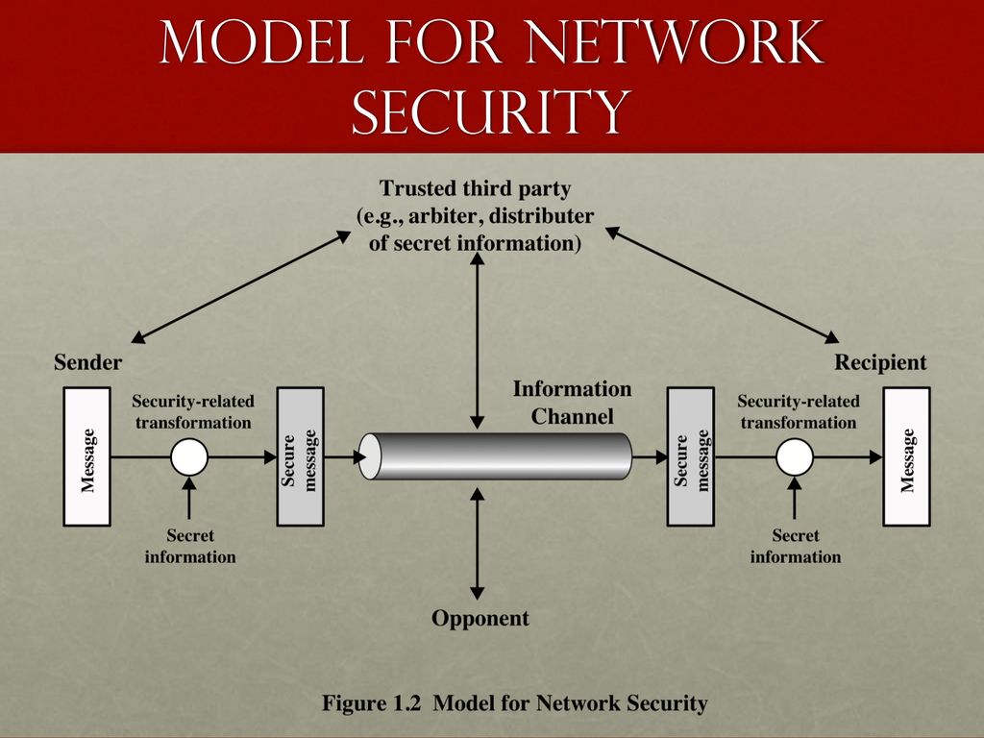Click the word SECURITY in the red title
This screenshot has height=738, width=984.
[x=491, y=111]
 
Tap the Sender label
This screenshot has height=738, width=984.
[x=87, y=362]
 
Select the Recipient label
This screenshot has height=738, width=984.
[x=880, y=362]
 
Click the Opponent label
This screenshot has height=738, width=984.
[x=480, y=618]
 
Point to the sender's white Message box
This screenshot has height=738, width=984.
[x=87, y=456]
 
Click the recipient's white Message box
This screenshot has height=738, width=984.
[x=907, y=456]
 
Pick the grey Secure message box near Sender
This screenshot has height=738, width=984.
[x=301, y=456]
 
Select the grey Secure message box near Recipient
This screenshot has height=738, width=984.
[x=690, y=456]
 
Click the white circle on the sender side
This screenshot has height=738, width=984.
[x=189, y=456]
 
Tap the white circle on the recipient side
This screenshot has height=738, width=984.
[x=795, y=456]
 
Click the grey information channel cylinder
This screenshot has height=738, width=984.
[x=495, y=456]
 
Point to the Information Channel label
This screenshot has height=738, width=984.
[x=573, y=403]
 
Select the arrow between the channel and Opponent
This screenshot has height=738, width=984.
[x=477, y=544]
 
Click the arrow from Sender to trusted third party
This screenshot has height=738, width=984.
[x=241, y=286]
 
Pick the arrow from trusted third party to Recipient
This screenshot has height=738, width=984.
[x=722, y=284]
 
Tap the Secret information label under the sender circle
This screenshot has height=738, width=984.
[x=190, y=546]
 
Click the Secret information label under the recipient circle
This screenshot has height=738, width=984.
[x=795, y=546]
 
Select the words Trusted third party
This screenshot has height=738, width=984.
[x=475, y=188]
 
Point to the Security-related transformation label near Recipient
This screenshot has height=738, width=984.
[x=799, y=411]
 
